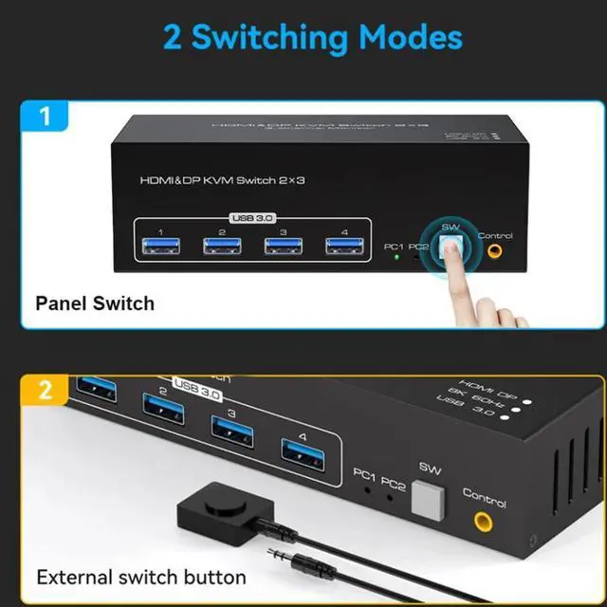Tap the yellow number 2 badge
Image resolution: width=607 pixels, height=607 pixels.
[44, 392]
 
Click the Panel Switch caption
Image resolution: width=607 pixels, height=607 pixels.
[95, 303]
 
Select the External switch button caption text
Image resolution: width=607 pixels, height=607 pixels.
[141, 576]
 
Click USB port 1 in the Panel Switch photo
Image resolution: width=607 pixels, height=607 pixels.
[161, 247]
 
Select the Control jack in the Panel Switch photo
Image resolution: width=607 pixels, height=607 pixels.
[493, 252]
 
